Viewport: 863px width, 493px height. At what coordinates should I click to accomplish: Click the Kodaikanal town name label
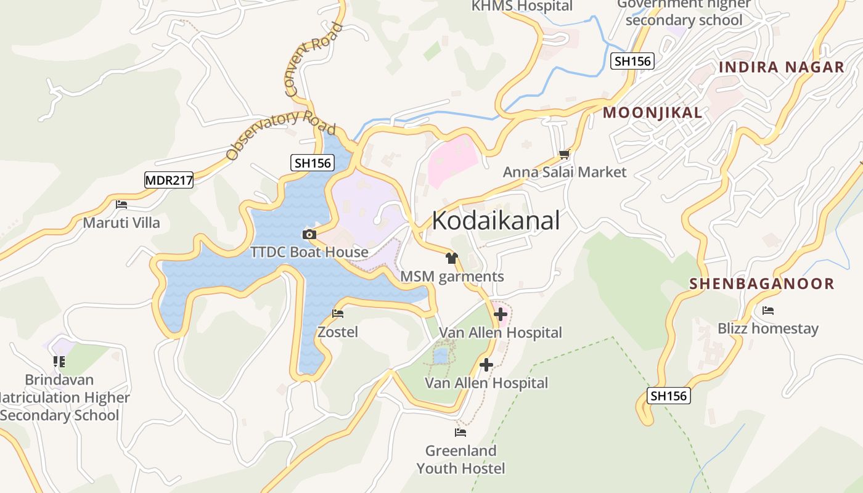[x=496, y=221]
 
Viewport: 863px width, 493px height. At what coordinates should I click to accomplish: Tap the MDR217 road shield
[x=169, y=180]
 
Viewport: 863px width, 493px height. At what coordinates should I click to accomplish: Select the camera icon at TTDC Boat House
[x=309, y=234]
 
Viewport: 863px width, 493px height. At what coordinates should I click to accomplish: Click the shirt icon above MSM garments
[x=452, y=258]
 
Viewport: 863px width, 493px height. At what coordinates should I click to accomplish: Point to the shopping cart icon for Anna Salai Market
[x=564, y=154]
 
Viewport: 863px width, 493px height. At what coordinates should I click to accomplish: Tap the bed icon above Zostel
[x=338, y=314]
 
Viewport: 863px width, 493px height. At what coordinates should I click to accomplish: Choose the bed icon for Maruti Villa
[x=121, y=205]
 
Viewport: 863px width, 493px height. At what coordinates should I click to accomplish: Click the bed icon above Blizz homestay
[x=768, y=310]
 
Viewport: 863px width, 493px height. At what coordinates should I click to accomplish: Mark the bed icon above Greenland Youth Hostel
[x=460, y=432]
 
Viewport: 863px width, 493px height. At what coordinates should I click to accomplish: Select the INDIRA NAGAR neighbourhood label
[x=782, y=67]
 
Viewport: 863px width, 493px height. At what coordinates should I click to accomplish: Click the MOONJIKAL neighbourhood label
[x=652, y=113]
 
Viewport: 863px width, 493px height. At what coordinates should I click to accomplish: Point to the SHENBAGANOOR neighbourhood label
[x=762, y=284]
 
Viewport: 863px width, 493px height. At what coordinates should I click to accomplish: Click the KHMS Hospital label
[x=522, y=6]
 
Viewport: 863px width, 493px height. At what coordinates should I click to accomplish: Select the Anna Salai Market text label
[x=565, y=172]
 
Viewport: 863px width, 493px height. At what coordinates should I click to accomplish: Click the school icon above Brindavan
[x=59, y=361]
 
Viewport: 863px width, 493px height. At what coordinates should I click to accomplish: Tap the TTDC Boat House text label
[x=309, y=252]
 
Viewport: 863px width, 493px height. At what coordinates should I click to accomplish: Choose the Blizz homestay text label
[x=768, y=328]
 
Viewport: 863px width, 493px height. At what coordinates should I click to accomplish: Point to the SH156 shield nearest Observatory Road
[x=312, y=163]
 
